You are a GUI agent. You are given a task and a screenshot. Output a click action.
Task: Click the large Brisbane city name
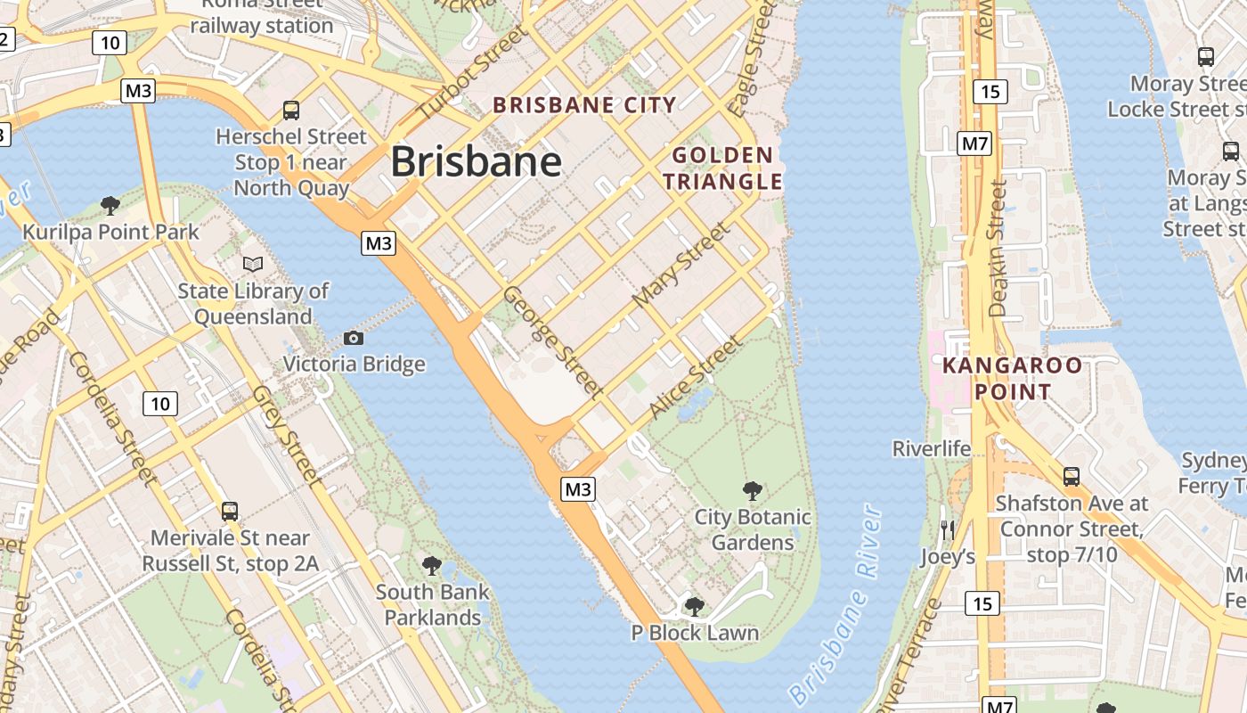click(476, 162)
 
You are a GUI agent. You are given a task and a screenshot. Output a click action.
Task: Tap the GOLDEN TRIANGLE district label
click(722, 168)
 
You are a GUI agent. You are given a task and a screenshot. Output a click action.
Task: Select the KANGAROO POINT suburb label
click(1013, 378)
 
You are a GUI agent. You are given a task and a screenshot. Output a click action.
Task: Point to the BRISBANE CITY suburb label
click(585, 105)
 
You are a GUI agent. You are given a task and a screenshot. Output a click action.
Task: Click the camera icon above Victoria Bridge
click(354, 338)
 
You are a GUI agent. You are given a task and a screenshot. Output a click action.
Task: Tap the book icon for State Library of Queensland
click(253, 264)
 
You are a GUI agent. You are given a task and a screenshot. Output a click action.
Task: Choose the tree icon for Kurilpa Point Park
click(110, 206)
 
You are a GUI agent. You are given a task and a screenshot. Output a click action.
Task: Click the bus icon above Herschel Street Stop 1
click(291, 111)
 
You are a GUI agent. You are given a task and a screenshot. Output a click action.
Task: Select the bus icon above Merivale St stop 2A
click(230, 512)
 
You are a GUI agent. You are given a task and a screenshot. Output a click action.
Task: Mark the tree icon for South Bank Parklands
click(432, 565)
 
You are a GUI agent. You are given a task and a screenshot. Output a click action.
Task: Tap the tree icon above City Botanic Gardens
click(753, 490)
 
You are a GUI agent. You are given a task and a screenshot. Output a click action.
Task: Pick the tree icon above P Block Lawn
click(695, 607)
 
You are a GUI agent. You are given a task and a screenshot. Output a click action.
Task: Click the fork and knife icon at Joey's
click(948, 530)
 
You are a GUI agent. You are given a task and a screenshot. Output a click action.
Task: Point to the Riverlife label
click(932, 448)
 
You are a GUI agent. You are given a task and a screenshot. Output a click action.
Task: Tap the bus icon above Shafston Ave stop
click(1071, 477)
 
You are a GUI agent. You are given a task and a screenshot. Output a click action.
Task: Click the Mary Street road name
click(680, 265)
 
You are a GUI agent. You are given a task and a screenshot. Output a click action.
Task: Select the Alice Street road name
click(695, 377)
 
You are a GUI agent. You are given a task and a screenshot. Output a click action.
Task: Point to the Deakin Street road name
click(997, 250)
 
